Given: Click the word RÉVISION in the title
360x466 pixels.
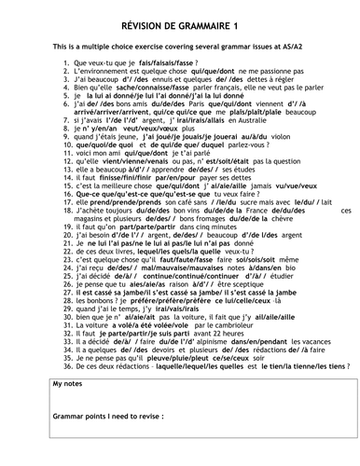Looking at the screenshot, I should coord(147,11).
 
